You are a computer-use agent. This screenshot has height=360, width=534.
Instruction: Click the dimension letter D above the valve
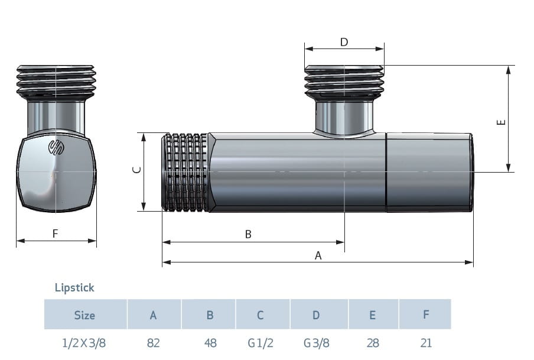pyautogui.click(x=344, y=43)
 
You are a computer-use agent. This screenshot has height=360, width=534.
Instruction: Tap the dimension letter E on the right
pyautogui.click(x=501, y=122)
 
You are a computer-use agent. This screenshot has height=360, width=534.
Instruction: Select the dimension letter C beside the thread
pyautogui.click(x=136, y=170)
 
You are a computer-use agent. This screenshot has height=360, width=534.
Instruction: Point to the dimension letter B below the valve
pyautogui.click(x=248, y=235)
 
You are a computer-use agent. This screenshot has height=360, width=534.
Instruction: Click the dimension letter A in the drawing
pyautogui.click(x=318, y=255)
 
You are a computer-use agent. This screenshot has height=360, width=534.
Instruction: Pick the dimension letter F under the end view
pyautogui.click(x=55, y=233)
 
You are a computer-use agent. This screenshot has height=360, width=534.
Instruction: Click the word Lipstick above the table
pyautogui.click(x=74, y=287)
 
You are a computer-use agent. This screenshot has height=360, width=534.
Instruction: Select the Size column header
pyautogui.click(x=84, y=315)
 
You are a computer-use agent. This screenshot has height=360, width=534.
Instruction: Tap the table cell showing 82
pyautogui.click(x=153, y=343)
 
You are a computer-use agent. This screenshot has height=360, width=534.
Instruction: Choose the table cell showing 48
pyautogui.click(x=210, y=343)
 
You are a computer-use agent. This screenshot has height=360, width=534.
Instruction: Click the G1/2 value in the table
pyautogui.click(x=261, y=343)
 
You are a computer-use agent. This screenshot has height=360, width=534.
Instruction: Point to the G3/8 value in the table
pyautogui.click(x=317, y=343)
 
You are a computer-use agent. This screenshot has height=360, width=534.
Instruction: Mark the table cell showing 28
pyautogui.click(x=373, y=343)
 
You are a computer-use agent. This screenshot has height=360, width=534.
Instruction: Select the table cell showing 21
pyautogui.click(x=426, y=343)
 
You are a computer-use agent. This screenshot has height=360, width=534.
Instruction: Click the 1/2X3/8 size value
pyautogui.click(x=84, y=343)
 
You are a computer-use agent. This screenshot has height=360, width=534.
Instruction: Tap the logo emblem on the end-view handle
pyautogui.click(x=56, y=147)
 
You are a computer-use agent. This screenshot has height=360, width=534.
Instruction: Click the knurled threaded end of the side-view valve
pyautogui.click(x=185, y=172)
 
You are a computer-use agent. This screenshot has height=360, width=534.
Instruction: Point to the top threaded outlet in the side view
pyautogui.click(x=344, y=81)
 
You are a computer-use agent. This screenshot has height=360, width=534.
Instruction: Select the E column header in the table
pyautogui.click(x=373, y=315)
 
